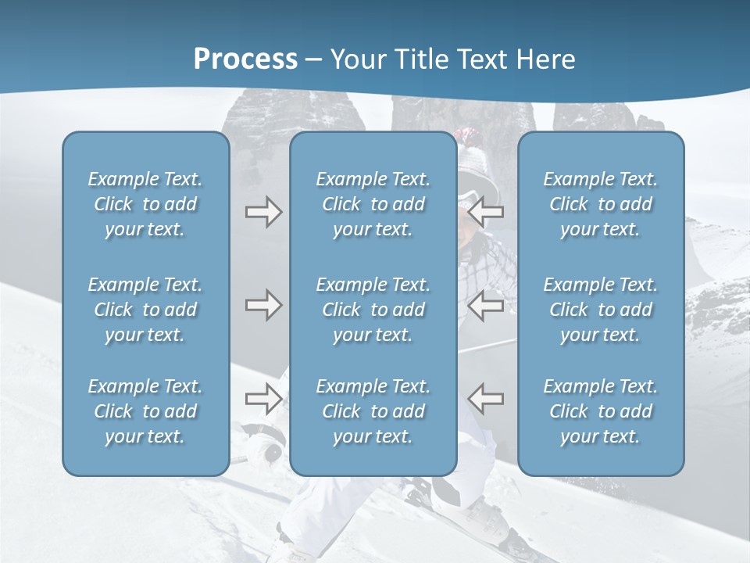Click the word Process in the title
pos(245,59)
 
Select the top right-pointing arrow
pos(263,212)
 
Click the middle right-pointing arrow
pos(263,304)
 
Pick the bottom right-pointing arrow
pos(263,398)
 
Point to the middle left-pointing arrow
pos(485,304)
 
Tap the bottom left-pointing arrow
pos(485,398)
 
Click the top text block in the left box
pos(145,204)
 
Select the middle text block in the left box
pos(145,310)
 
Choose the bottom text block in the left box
pos(145,411)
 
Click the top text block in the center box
pos(373,204)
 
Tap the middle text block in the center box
pos(373,310)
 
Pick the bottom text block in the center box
pos(373,411)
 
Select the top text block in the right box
pos(600,204)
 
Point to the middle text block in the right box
pos(600,310)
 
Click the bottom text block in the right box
pos(600,411)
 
